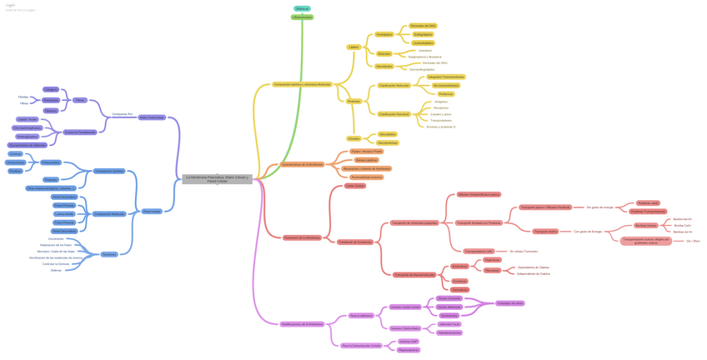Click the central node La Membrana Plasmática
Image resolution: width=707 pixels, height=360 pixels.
(217, 178)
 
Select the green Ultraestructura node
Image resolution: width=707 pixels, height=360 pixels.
(302, 17)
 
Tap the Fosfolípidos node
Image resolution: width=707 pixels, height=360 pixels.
(384, 35)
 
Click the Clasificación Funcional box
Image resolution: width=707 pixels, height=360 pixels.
(394, 114)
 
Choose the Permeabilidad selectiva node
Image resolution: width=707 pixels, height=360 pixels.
(366, 177)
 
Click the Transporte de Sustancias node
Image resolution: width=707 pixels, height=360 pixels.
(355, 242)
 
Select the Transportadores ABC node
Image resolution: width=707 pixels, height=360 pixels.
(479, 251)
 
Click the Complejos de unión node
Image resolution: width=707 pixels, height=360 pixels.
(509, 303)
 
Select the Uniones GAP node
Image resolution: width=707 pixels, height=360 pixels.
(408, 342)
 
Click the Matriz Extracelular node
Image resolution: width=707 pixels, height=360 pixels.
(151, 117)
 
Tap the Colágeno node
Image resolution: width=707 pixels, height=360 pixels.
(51, 89)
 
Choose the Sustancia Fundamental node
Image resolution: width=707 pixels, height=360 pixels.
(80, 132)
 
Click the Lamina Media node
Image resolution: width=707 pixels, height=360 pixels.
(64, 214)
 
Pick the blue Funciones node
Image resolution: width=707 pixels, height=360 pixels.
(109, 254)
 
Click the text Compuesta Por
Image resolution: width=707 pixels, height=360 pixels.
(122, 113)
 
